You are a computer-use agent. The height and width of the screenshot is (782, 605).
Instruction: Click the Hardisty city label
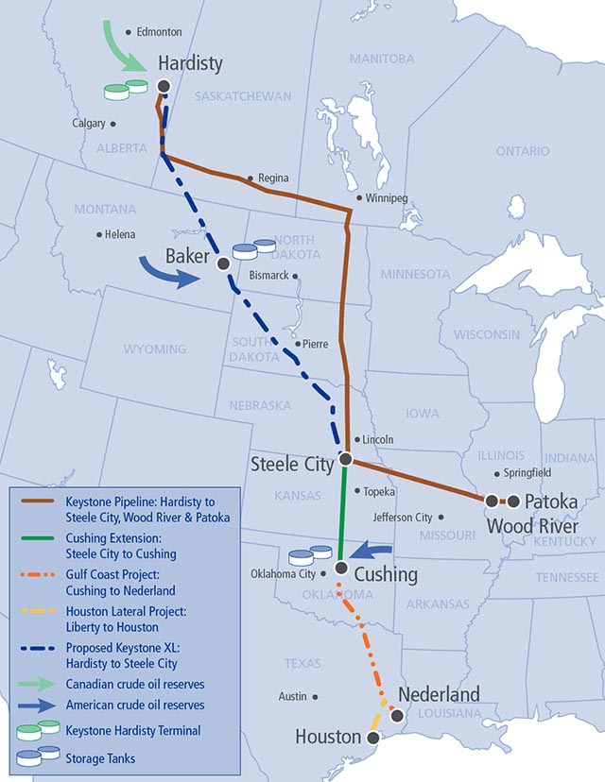pos(190,64)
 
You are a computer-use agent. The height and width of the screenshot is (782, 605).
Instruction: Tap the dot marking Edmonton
pos(129,31)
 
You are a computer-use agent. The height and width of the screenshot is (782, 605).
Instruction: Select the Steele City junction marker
pos(346,459)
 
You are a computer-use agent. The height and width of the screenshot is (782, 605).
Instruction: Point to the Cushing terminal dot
pos(340,569)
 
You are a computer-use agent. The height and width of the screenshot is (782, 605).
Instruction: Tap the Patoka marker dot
pos(513,501)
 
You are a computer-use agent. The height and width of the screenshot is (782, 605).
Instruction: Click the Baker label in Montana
pos(187,257)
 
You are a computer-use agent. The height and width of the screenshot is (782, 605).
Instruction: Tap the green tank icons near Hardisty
pos(126,90)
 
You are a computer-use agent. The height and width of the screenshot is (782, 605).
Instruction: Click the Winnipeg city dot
pos(358,198)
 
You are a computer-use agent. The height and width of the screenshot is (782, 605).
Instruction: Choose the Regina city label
pos(273,178)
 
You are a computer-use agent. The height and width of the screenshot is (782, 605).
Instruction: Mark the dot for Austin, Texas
pos(315,697)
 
